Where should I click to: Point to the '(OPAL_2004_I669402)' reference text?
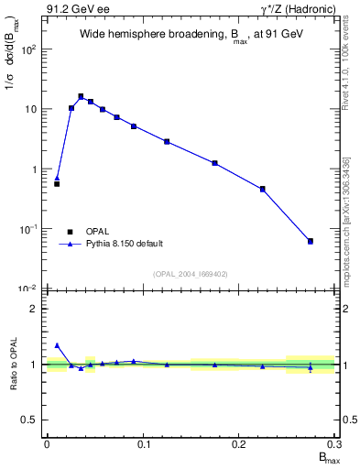pos(191,273)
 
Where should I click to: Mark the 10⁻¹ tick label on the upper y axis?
pos(29,229)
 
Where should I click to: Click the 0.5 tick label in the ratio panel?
pos(29,420)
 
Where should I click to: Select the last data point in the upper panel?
pos(311,241)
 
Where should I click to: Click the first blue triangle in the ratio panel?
pos(57,345)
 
